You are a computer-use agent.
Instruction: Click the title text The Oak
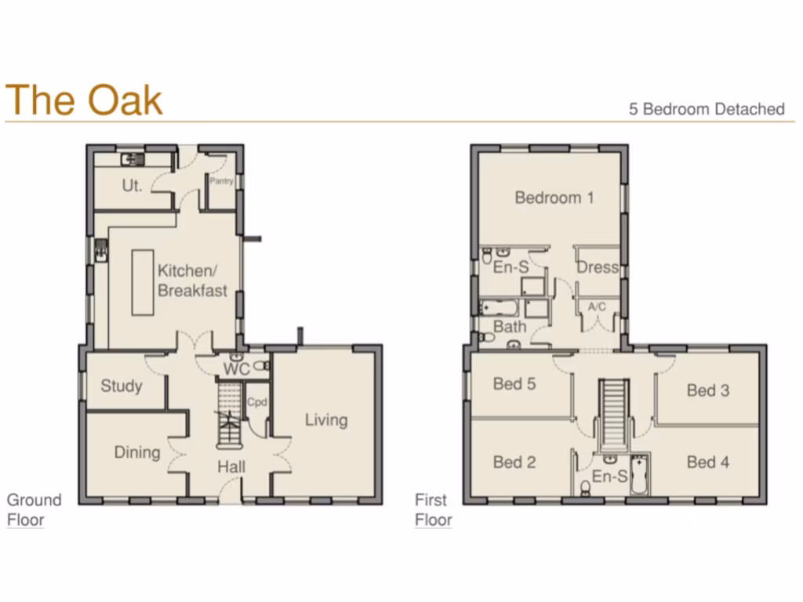click(84, 100)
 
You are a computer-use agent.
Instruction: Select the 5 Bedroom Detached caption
click(707, 109)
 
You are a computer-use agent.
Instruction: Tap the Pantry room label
click(222, 181)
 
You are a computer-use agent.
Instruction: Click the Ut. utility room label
click(132, 187)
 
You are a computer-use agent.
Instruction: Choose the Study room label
click(122, 386)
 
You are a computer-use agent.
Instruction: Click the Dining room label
click(137, 452)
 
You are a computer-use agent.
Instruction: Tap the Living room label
click(326, 420)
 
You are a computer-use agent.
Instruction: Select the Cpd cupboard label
click(257, 402)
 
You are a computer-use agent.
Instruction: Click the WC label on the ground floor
click(236, 368)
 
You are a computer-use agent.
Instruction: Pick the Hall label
click(231, 467)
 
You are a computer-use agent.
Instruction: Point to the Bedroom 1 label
click(554, 198)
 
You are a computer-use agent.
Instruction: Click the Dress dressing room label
click(598, 267)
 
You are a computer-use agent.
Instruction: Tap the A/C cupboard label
click(598, 306)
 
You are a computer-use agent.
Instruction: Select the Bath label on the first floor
click(509, 325)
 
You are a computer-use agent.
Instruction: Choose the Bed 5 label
click(514, 384)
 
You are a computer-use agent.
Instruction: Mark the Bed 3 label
click(708, 390)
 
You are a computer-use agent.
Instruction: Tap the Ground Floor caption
click(34, 510)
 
